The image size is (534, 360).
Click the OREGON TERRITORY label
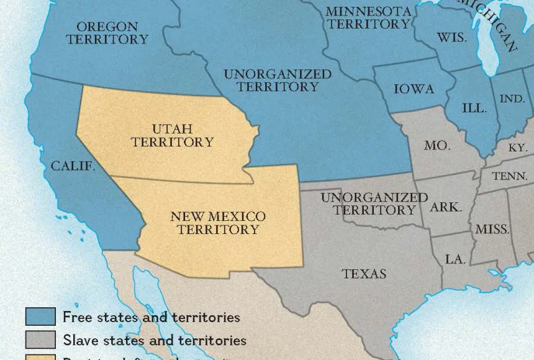tap(107, 33)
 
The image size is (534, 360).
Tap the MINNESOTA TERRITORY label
tap(369, 18)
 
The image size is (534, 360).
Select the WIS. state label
tap(451, 37)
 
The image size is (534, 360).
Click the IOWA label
tap(414, 89)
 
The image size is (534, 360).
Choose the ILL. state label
tap(474, 107)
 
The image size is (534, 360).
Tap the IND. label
tap(512, 99)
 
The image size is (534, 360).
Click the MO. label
tap(437, 145)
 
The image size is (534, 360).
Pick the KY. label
tap(517, 148)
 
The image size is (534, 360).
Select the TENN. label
tap(509, 176)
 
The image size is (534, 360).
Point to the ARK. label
tap(446, 207)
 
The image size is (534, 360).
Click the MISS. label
tap(492, 229)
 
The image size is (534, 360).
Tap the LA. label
tap(455, 259)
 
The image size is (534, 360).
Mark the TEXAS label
tap(364, 274)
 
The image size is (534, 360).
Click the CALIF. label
tap(73, 166)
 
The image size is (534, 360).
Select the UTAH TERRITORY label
tap(172, 135)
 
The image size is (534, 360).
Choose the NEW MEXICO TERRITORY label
tap(217, 223)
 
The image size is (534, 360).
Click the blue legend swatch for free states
tap(41, 317)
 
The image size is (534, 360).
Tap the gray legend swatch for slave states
tap(41, 340)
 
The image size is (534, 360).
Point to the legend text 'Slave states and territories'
tap(155, 340)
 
